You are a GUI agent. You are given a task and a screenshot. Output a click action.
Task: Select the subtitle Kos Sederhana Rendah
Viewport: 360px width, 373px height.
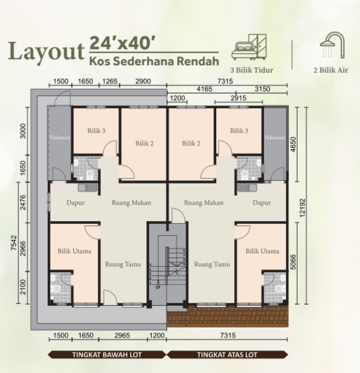(153, 61)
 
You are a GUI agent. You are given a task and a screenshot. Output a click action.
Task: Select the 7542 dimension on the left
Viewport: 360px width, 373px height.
(8, 250)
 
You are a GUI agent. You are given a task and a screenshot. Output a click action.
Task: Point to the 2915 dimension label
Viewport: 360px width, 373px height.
(237, 98)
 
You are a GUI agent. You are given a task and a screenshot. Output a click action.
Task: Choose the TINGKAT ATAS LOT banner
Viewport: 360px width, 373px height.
(226, 354)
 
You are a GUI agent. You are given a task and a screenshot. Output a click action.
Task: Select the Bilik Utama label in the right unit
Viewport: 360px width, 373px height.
(262, 251)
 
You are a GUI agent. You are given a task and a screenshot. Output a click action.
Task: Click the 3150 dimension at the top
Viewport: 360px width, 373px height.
(262, 89)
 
